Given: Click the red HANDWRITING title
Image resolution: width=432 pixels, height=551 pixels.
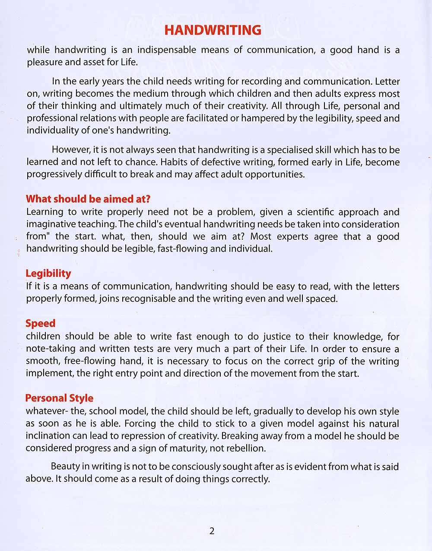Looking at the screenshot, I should click(x=213, y=30).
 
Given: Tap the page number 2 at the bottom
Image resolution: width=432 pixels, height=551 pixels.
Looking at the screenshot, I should click(x=212, y=531).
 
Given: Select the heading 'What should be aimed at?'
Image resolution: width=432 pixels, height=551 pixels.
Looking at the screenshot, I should click(x=88, y=199).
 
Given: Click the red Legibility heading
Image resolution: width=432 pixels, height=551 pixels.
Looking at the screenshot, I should click(x=48, y=274).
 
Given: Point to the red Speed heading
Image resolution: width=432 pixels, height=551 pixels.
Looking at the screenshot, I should click(x=41, y=324).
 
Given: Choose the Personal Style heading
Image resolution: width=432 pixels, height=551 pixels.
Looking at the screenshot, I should click(x=59, y=398).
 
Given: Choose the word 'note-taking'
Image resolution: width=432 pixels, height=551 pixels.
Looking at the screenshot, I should click(x=51, y=349).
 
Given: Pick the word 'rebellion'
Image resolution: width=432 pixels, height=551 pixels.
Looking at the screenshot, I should click(x=242, y=448).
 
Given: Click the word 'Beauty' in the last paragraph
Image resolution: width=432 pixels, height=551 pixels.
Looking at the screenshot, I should click(x=65, y=467).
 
